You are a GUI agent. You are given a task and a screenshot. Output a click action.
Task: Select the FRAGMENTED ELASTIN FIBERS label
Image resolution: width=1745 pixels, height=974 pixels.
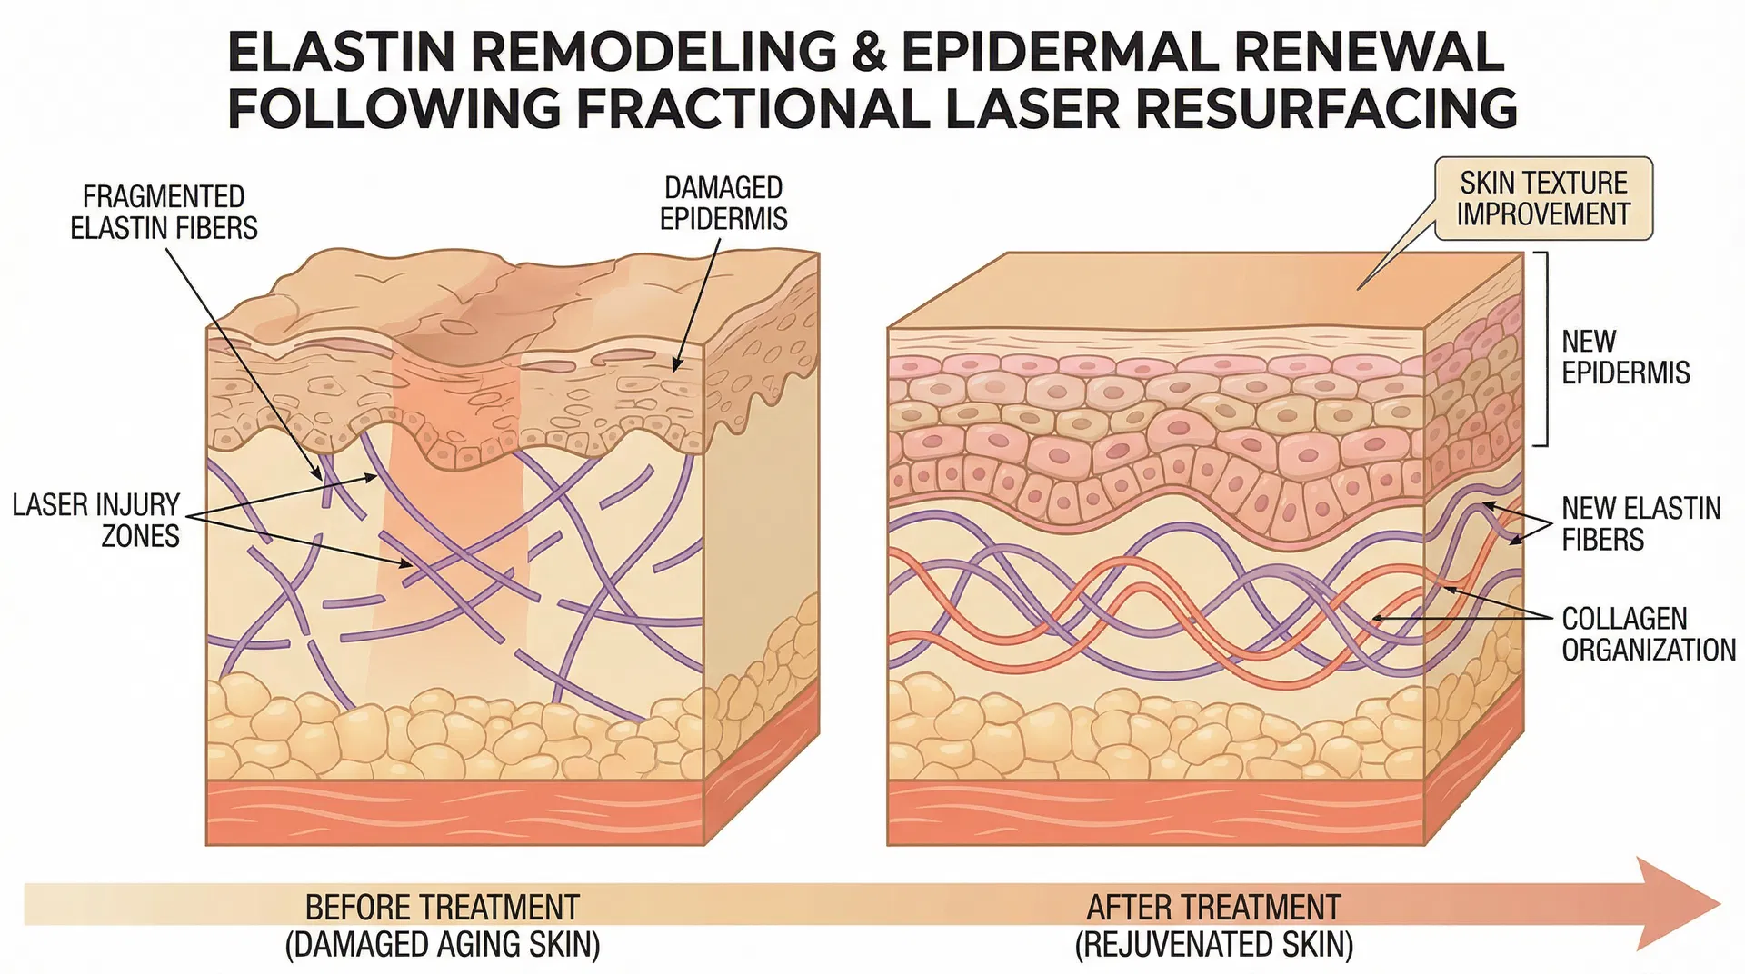tap(164, 212)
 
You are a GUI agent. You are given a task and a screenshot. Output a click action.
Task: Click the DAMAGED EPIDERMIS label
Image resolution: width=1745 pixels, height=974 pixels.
tap(723, 203)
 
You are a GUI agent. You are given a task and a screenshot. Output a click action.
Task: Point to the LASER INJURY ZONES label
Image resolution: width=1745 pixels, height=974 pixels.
tap(96, 520)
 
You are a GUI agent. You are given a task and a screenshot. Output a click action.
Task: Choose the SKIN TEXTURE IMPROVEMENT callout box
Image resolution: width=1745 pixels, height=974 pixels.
tap(1542, 198)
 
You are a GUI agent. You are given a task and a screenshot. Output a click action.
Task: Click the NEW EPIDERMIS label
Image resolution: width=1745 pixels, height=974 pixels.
tap(1625, 356)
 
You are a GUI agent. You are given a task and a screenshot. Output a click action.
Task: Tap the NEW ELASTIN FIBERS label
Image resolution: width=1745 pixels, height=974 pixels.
tap(1640, 522)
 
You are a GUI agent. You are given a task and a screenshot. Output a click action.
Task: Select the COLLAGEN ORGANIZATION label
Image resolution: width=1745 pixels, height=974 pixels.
tap(1648, 633)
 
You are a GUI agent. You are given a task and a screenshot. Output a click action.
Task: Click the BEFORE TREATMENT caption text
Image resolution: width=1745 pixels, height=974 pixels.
tap(442, 908)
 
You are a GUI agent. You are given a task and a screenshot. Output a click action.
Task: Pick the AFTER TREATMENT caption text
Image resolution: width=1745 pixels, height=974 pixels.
tap(1213, 908)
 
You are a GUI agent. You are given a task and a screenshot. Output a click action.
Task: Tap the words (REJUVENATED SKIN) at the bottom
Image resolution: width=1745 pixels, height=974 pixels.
tap(1213, 945)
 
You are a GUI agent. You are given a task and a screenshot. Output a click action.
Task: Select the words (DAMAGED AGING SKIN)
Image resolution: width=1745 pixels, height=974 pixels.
tap(442, 945)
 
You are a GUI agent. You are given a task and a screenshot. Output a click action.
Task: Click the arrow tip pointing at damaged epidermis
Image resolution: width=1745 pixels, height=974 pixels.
tap(675, 369)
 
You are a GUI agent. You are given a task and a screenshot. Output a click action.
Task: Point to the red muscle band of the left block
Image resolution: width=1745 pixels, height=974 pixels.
tap(454, 812)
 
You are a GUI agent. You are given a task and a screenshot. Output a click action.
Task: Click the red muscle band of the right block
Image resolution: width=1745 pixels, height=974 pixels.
tap(1154, 812)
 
